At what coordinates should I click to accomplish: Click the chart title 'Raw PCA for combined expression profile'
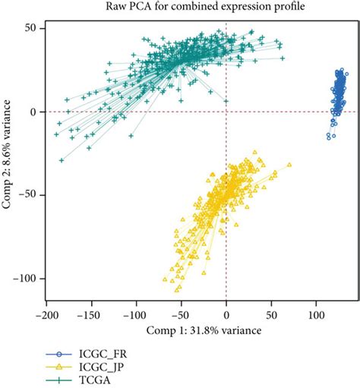[200, 8]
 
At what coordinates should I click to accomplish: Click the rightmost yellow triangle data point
[289, 164]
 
